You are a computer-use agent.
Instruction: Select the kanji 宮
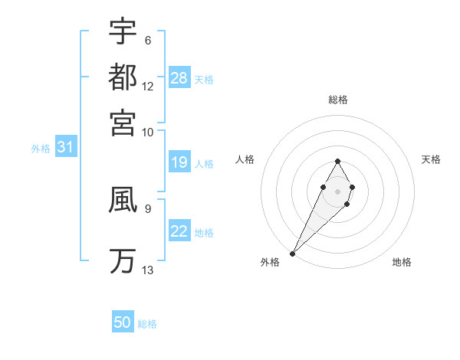123,123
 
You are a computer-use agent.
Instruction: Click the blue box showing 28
179,78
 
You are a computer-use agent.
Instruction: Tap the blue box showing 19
179,163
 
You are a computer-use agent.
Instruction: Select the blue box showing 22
179,232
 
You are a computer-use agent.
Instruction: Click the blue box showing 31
65,148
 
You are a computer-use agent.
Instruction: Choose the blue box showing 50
123,323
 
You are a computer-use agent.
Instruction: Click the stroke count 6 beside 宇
147,40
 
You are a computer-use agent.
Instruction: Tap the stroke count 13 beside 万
148,270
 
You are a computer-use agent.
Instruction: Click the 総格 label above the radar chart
338,100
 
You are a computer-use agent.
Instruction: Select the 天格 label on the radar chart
432,159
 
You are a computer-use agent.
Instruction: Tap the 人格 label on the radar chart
245,159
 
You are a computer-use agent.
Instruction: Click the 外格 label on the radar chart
270,262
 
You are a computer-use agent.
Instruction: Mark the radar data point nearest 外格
293,253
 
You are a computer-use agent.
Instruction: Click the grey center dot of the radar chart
337,190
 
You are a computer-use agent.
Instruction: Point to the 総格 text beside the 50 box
148,324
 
